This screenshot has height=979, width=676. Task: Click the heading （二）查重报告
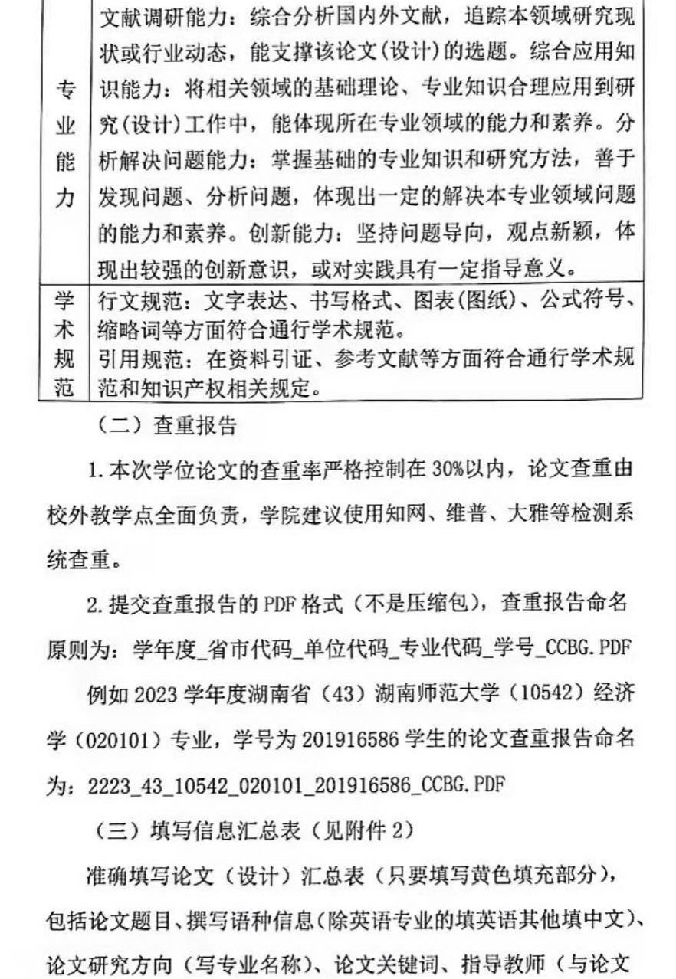[166, 427]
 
